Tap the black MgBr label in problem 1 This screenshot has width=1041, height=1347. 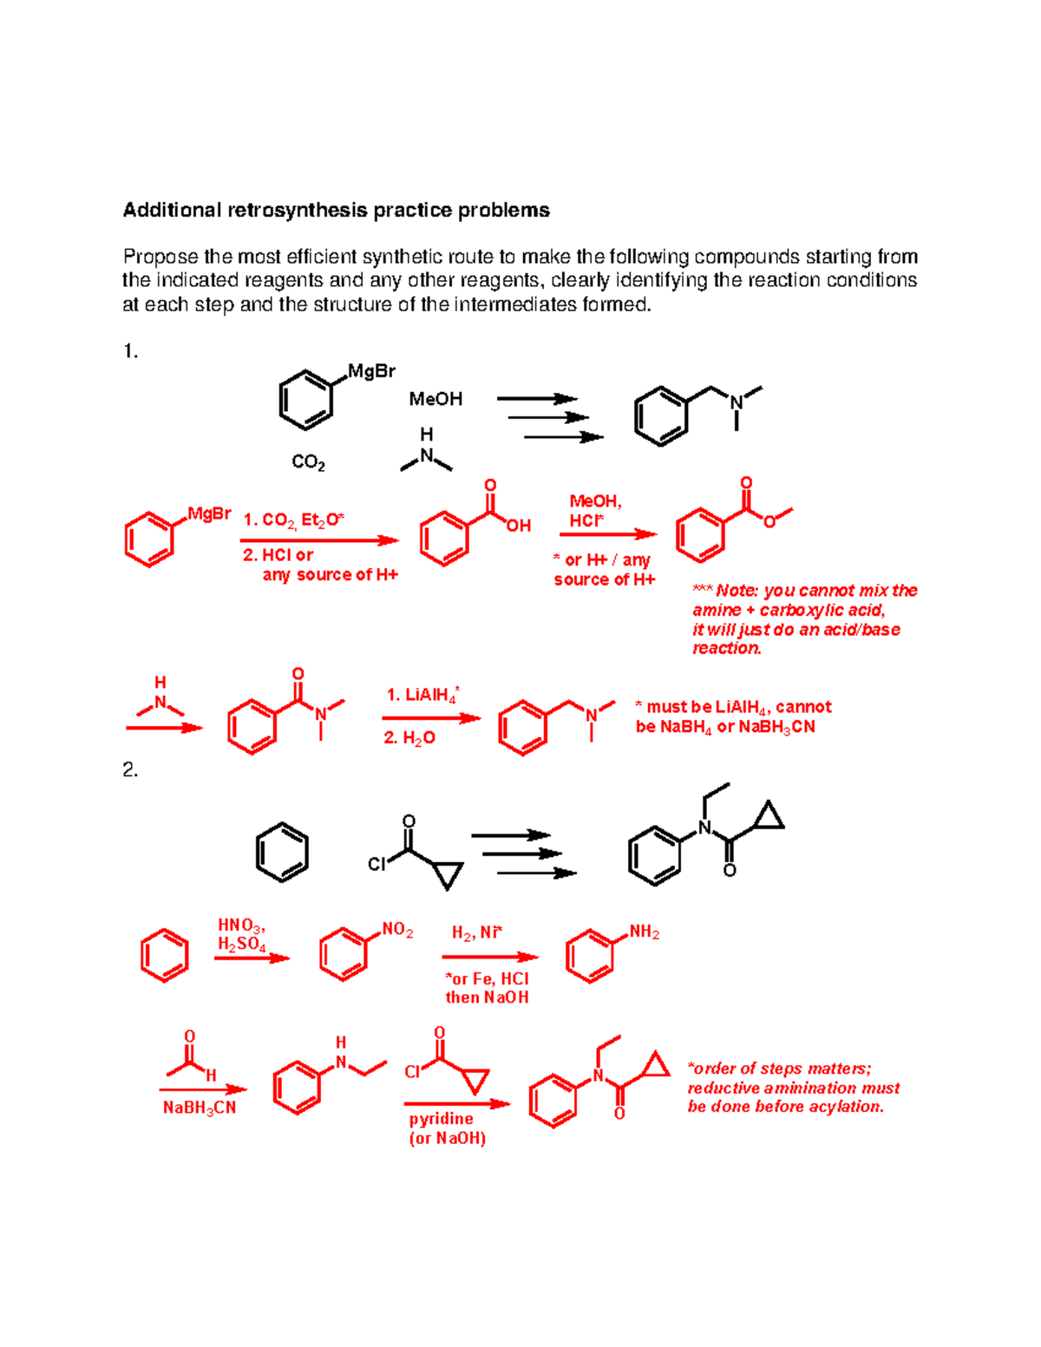371,371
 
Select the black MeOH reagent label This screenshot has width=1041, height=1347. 435,399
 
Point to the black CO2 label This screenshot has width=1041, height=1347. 308,462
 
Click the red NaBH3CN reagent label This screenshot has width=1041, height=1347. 200,1108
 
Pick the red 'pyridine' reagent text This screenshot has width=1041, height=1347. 441,1119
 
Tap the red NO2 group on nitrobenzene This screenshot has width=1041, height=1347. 397,930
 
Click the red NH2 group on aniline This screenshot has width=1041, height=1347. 645,932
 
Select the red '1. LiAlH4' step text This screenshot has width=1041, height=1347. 422,695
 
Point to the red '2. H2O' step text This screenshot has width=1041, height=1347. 409,738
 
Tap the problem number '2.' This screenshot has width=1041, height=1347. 130,770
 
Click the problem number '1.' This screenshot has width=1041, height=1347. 130,351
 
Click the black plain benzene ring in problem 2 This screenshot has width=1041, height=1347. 282,853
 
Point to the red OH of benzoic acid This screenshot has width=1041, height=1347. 518,526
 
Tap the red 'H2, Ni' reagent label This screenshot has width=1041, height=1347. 476,933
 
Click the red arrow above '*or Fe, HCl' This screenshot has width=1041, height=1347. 489,957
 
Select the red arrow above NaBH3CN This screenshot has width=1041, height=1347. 202,1089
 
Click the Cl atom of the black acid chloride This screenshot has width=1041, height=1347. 376,865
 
